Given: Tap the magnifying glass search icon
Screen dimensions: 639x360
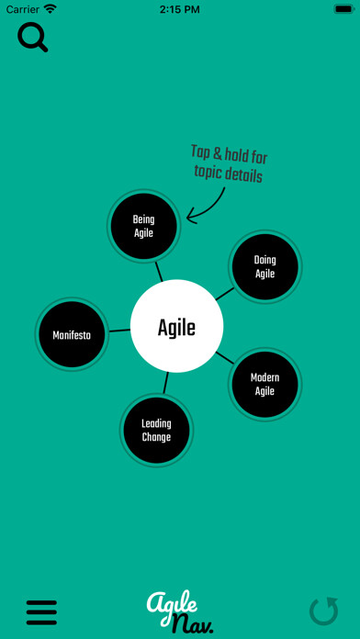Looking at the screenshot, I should pos(32,38).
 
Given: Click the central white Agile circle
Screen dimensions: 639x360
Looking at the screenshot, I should pos(177,326).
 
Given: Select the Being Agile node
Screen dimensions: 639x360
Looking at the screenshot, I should pos(143,226).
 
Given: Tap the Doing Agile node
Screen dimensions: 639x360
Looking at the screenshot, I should pos(264,266).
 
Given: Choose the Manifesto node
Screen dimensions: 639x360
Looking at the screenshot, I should pos(72,334).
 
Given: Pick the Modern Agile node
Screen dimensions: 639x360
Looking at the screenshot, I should pos(264,384).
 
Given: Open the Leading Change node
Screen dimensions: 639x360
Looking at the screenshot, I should pos(156,431).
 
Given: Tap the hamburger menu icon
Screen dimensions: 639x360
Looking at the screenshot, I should pos(41,611).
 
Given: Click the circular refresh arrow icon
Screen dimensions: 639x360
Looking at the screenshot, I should pos(323,611).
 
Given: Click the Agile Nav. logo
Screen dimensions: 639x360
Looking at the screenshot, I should pos(179,611).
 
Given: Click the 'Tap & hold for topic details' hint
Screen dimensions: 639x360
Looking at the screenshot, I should pos(228,164).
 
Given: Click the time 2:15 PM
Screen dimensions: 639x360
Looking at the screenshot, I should pos(180,9).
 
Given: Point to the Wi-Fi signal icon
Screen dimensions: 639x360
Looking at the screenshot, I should pos(50,9).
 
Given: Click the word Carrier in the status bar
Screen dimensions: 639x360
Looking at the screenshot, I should pos(22,9).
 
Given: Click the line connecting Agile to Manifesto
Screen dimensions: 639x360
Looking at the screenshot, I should pos(119,331).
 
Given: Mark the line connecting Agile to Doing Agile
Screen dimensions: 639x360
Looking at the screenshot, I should pos(224,294).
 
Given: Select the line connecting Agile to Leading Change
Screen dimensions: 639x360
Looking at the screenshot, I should pos(166,383).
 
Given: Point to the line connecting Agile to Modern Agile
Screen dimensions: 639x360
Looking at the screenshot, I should pos(224,358).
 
